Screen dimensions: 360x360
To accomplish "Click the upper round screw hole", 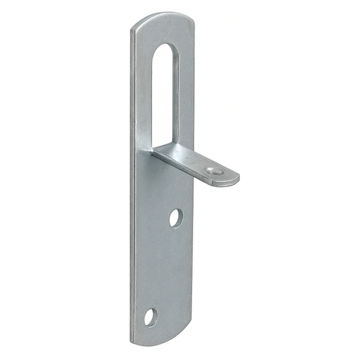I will point(176,217).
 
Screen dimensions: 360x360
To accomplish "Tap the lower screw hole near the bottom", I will point(150,316).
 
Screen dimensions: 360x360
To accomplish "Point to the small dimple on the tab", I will point(215,171).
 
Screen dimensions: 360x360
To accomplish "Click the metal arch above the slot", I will point(164,30).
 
